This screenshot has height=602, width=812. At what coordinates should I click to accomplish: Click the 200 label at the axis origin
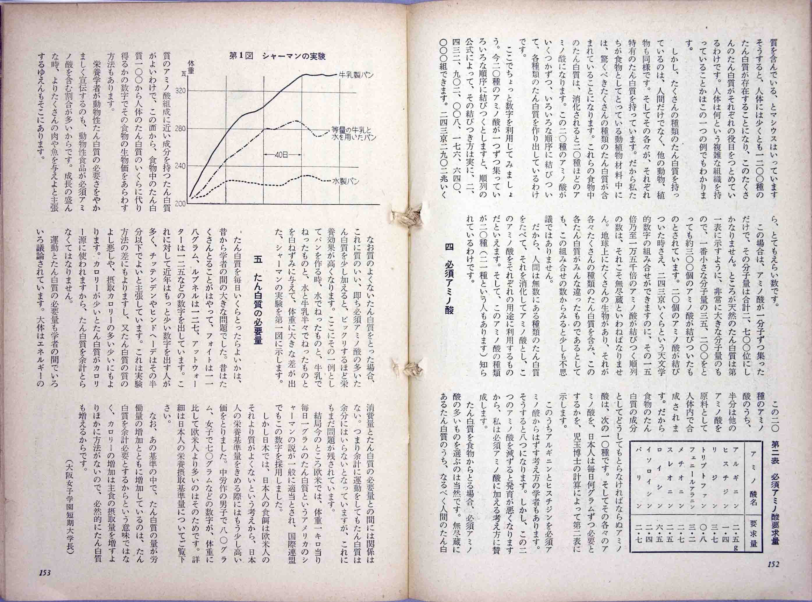180,204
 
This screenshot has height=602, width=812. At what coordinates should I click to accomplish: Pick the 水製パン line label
346,181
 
